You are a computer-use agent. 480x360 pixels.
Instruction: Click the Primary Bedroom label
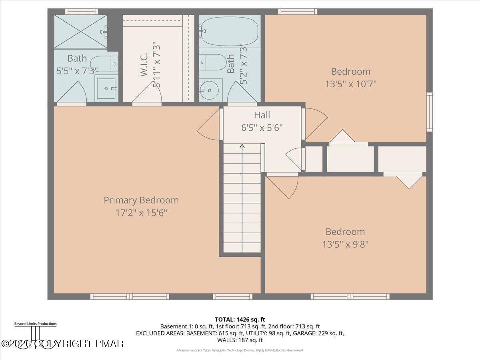[x=141, y=200]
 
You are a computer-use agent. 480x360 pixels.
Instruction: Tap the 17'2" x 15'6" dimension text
[x=141, y=212]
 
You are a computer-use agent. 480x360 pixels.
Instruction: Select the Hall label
[x=262, y=115]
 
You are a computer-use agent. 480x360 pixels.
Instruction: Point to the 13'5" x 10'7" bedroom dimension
[x=350, y=84]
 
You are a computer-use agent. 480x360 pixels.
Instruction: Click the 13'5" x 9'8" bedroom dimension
[x=345, y=244]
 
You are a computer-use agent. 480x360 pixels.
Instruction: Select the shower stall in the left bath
[x=80, y=32]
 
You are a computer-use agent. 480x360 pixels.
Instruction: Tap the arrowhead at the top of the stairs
[x=242, y=146]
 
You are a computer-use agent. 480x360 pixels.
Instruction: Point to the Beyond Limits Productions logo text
[x=35, y=324]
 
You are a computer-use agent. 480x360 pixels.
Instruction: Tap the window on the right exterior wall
[x=429, y=112]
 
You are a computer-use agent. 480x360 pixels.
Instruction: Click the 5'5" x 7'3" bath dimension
[x=77, y=71]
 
